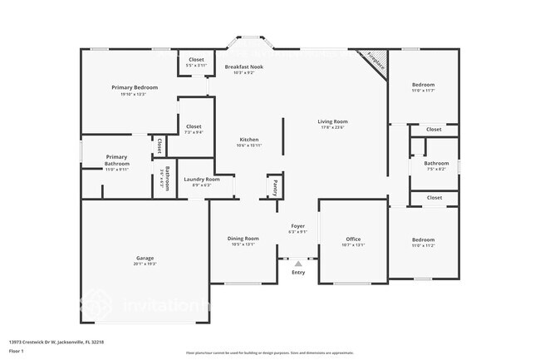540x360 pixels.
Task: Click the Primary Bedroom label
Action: coord(135,87)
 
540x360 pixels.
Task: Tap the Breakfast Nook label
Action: coord(245,66)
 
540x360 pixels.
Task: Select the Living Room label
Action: coord(332,122)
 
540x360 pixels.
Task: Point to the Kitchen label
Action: coord(249,139)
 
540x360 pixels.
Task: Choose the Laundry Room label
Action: coord(201,180)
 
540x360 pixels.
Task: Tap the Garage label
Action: coord(145,258)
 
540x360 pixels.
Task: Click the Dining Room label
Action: coord(243,239)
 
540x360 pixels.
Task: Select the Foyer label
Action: coord(297,226)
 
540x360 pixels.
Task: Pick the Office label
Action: coord(354,239)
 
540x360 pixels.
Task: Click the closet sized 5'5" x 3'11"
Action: coord(196,65)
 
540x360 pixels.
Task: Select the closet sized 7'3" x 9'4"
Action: coord(194,131)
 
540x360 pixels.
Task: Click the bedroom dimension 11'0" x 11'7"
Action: coord(423,91)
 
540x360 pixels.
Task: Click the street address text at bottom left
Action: coord(56,341)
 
